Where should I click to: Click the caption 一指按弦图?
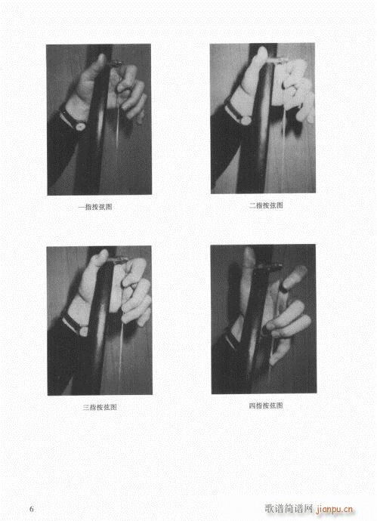(x=95, y=207)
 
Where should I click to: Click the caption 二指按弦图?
(x=266, y=205)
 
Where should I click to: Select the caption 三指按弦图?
(x=100, y=407)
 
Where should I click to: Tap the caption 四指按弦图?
(x=266, y=405)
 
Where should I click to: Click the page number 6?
(x=32, y=509)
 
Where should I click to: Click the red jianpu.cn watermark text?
(x=334, y=509)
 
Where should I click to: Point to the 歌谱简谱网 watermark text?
(x=289, y=508)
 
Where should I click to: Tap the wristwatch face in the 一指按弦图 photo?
(x=80, y=125)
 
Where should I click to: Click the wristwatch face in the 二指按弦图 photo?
(x=246, y=119)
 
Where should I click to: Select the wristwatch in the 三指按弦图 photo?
(x=76, y=325)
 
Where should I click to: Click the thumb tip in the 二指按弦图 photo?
(x=263, y=51)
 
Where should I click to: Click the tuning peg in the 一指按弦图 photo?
(x=115, y=63)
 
